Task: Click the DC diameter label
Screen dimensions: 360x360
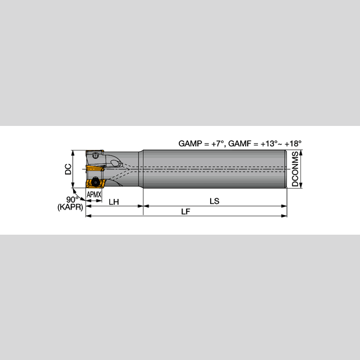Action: (x=69, y=169)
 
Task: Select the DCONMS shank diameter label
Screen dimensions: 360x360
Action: (x=295, y=170)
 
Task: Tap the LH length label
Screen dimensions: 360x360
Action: (x=114, y=201)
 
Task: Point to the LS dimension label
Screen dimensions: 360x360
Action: (x=214, y=201)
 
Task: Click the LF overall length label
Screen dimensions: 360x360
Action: (x=186, y=211)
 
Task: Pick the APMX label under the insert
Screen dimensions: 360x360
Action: (x=94, y=194)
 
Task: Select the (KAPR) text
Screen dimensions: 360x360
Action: (x=69, y=208)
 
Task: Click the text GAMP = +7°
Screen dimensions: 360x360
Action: (x=200, y=143)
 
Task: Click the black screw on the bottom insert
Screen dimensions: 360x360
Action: (x=96, y=182)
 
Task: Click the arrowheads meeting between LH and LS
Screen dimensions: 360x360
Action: (x=143, y=206)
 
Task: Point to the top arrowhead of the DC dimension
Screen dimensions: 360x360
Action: (x=73, y=152)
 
